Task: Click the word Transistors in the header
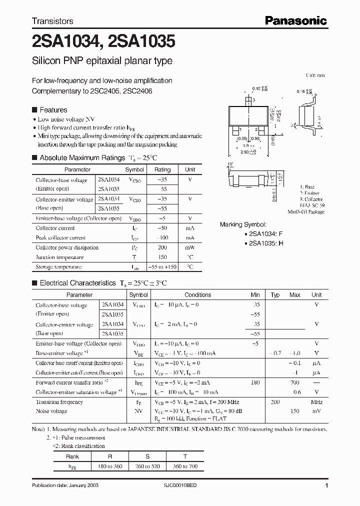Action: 52,21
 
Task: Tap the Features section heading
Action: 53,110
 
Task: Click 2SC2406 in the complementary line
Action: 136,91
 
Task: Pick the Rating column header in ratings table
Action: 162,169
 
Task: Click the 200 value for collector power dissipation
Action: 162,247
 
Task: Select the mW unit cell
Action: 189,247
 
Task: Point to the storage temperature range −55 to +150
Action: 162,267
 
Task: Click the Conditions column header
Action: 197,295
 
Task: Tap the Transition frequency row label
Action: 59,402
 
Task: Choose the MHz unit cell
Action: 316,402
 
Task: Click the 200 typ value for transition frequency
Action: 275,402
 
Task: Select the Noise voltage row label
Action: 51,411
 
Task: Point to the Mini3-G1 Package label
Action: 306,212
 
